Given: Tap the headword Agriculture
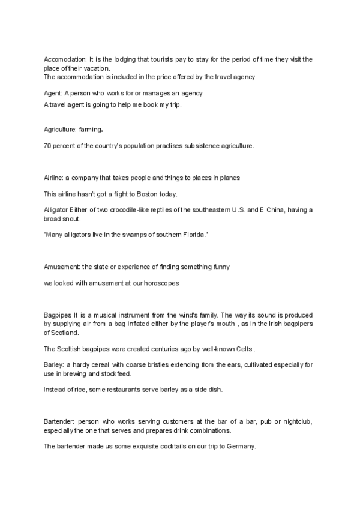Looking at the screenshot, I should pos(60,129).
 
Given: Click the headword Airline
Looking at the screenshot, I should pos(53,178).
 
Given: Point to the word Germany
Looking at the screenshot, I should pos(241,447).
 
